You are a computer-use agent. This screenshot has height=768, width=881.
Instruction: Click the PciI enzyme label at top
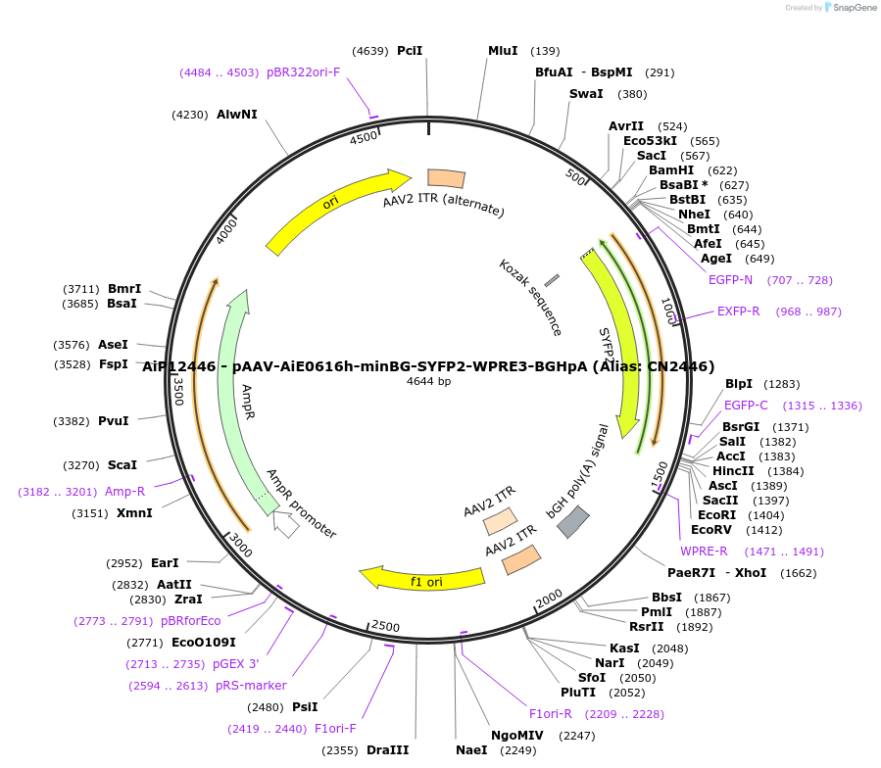(x=410, y=51)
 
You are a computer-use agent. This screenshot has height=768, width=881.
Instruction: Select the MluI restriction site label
(x=503, y=51)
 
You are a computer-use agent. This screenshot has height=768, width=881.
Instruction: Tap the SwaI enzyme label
(x=586, y=94)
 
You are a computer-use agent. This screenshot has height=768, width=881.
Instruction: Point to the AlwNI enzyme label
(x=237, y=115)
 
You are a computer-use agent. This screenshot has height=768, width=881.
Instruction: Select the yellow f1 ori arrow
(x=422, y=580)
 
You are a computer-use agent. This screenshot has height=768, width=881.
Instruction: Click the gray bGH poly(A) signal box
(x=572, y=521)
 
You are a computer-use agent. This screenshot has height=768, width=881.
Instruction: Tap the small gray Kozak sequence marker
(x=552, y=281)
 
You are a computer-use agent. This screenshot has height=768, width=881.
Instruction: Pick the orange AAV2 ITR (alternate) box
(x=446, y=178)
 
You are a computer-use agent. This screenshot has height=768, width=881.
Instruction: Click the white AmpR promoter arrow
(x=285, y=526)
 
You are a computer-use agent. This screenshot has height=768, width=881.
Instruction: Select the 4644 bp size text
(x=428, y=381)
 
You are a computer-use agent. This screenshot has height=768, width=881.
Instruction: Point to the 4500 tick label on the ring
(x=363, y=138)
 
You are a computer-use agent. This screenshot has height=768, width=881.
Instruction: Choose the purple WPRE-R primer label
(x=704, y=551)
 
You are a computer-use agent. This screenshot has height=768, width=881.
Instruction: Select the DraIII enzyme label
(x=387, y=750)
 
